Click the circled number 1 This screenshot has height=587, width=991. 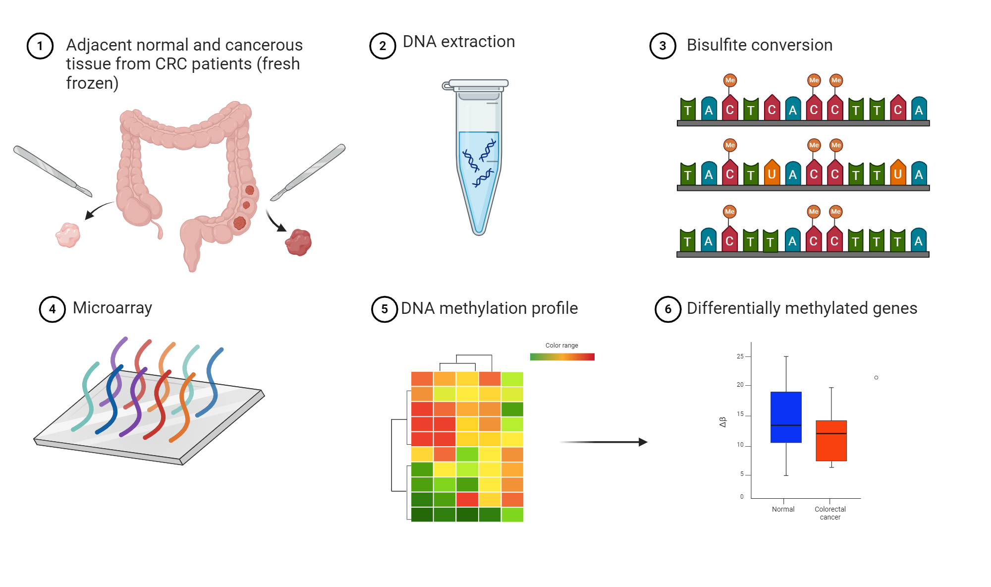click(40, 46)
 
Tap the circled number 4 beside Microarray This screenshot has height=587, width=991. click(53, 309)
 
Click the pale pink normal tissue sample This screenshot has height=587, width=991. click(68, 235)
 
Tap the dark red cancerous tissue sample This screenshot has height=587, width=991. click(298, 242)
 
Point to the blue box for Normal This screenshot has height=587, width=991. click(786, 416)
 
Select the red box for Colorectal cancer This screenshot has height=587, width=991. click(831, 441)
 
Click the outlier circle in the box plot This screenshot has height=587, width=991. click(876, 378)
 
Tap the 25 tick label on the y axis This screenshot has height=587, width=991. click(740, 356)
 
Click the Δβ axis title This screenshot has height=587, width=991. click(722, 422)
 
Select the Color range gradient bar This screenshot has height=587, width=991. click(562, 357)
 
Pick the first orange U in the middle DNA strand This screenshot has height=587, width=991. click(771, 174)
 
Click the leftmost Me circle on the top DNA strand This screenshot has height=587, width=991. click(730, 80)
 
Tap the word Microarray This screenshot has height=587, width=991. click(112, 308)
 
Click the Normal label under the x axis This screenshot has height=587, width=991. click(783, 509)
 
